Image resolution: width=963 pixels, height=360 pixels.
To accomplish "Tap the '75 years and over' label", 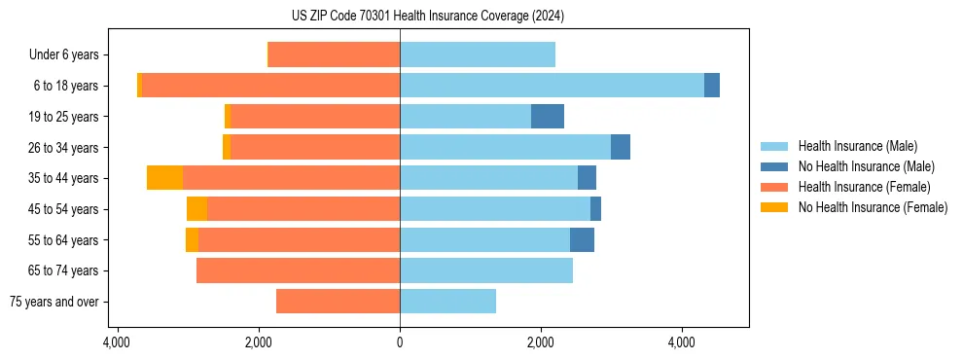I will [x=54, y=302].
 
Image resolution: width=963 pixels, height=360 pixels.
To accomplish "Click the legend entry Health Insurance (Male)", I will [x=857, y=146].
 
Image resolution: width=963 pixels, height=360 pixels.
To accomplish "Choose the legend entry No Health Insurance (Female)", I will [x=873, y=207].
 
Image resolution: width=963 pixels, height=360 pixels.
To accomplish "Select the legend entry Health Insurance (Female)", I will [x=864, y=187].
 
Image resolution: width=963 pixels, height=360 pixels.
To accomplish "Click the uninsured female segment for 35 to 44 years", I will [x=164, y=178].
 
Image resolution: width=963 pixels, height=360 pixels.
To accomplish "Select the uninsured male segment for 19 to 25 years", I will [x=548, y=117].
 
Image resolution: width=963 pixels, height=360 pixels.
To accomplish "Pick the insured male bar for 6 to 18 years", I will [x=552, y=86].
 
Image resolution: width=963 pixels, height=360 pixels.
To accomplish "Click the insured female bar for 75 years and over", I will [x=338, y=302].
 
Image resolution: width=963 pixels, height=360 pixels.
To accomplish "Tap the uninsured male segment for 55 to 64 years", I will [x=582, y=240].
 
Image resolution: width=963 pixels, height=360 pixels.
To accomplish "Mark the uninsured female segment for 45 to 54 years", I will [x=196, y=209].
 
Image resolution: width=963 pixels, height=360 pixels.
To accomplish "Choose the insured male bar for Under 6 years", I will [x=478, y=55].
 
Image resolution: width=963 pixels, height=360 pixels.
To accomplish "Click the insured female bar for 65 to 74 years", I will [x=298, y=270].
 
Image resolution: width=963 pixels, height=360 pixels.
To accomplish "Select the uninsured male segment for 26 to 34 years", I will [x=621, y=147].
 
